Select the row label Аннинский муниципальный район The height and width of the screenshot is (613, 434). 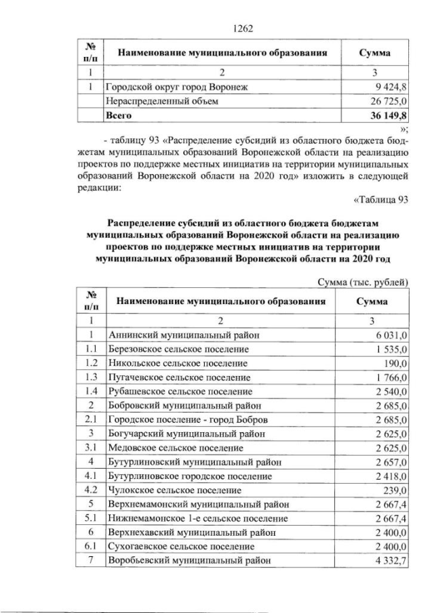click(x=184, y=335)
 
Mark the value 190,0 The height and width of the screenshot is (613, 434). click(x=395, y=363)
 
